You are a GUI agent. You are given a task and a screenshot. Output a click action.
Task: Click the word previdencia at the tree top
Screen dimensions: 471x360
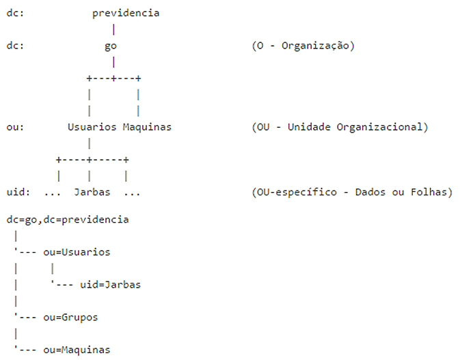[x=126, y=13]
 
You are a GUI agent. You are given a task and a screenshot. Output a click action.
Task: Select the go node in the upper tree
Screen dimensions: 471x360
[x=111, y=46]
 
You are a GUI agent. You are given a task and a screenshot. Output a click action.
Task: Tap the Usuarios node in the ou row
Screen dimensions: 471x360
[x=92, y=127]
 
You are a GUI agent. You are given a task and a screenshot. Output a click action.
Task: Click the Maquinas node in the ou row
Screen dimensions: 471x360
[x=147, y=127]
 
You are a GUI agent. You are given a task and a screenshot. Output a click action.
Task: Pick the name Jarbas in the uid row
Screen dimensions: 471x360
[x=92, y=192]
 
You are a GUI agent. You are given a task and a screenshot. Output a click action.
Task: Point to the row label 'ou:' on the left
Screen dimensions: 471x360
[x=15, y=127]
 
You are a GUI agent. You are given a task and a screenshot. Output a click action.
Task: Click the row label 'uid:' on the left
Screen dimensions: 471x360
[x=18, y=192]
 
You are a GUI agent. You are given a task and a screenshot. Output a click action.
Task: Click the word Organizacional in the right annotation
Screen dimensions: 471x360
[x=379, y=127]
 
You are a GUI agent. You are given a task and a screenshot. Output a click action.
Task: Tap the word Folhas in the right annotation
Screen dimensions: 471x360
[x=429, y=192]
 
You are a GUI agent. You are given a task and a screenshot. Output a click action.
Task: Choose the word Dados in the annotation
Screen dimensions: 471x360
[x=370, y=192]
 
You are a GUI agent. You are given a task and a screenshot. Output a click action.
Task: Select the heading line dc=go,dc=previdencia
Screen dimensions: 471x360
[x=68, y=220]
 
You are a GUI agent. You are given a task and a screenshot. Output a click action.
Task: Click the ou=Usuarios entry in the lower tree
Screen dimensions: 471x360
[x=77, y=252]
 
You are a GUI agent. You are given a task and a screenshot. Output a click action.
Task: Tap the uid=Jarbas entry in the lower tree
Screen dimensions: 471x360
[x=110, y=285]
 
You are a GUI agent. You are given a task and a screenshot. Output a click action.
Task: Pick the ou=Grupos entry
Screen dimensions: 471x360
[x=70, y=318]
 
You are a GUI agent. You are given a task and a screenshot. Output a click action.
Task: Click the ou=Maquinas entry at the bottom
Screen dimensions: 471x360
[x=77, y=350]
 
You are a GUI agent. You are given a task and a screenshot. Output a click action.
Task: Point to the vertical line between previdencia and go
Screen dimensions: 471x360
[x=113, y=29]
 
